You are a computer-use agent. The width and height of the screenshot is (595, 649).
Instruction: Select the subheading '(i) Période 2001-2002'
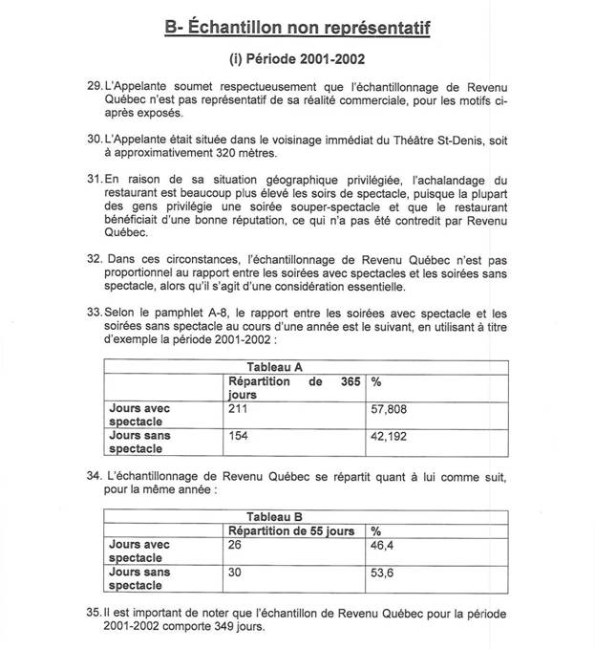298,60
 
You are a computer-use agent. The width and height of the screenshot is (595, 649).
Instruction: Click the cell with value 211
238,408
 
